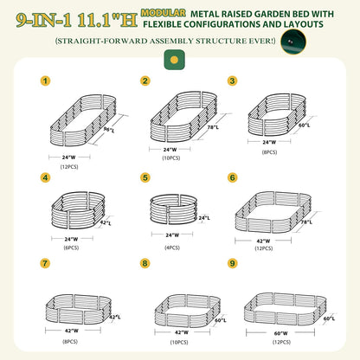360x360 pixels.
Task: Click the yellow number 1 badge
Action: [x=45, y=81]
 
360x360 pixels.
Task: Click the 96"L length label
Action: [x=109, y=131]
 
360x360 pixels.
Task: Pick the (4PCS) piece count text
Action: [x=171, y=248]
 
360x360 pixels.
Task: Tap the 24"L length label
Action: [x=203, y=217]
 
